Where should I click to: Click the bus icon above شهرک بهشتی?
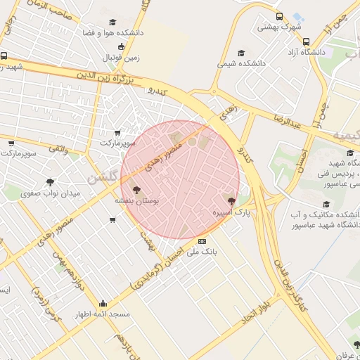tap(280, 17)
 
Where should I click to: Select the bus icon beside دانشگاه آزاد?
tap(306, 41)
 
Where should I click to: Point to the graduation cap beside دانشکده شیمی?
tap(241, 53)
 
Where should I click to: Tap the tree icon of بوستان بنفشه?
tap(136, 189)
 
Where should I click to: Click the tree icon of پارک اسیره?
tap(231, 200)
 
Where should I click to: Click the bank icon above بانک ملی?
tap(202, 241)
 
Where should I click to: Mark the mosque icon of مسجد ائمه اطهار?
tap(103, 303)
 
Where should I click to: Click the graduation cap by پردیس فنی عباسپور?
tap(350, 153)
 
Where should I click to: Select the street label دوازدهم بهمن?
tap(79, 274)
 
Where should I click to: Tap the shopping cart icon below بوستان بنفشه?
tap(112, 220)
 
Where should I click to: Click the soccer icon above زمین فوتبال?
tap(122, 46)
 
